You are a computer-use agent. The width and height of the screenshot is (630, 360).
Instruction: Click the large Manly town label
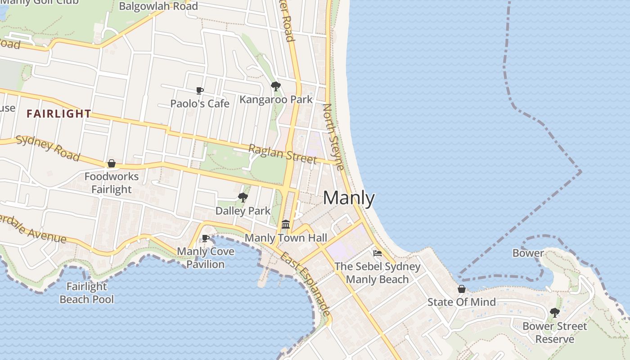pyautogui.click(x=349, y=198)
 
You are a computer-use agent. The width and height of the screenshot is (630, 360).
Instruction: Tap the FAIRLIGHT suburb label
pyautogui.click(x=58, y=114)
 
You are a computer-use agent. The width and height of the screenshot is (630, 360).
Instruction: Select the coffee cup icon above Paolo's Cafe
pyautogui.click(x=200, y=91)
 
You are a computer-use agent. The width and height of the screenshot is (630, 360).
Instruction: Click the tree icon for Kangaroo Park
pyautogui.click(x=276, y=86)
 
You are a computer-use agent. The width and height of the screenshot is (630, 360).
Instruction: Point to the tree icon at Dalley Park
pyautogui.click(x=243, y=197)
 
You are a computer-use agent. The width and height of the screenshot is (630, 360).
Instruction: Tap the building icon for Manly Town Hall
pyautogui.click(x=286, y=224)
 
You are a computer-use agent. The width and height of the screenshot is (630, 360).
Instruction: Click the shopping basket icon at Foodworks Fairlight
pyautogui.click(x=112, y=163)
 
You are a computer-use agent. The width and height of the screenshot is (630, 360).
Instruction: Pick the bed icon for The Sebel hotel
pyautogui.click(x=378, y=253)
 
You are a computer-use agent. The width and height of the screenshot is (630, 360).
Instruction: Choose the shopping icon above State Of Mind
pyautogui.click(x=461, y=289)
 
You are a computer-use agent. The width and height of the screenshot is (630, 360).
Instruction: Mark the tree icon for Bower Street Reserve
pyautogui.click(x=555, y=312)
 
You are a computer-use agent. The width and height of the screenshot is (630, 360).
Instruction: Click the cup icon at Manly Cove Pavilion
pyautogui.click(x=206, y=238)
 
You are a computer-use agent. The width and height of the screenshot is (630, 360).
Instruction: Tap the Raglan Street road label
pyautogui.click(x=283, y=153)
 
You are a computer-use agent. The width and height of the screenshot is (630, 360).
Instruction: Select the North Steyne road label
pyautogui.click(x=334, y=137)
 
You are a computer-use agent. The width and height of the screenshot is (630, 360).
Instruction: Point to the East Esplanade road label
pyautogui.click(x=306, y=284)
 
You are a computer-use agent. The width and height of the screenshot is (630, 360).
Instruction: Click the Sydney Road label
pyautogui.click(x=48, y=148)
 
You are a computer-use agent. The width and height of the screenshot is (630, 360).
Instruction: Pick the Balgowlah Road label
pyautogui.click(x=158, y=6)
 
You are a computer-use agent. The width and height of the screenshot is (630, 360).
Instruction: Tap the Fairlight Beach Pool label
pyautogui.click(x=86, y=293)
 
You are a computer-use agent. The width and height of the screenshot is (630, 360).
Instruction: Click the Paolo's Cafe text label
pyautogui.click(x=200, y=104)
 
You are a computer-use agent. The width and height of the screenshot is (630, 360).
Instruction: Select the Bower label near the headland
pyautogui.click(x=528, y=253)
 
